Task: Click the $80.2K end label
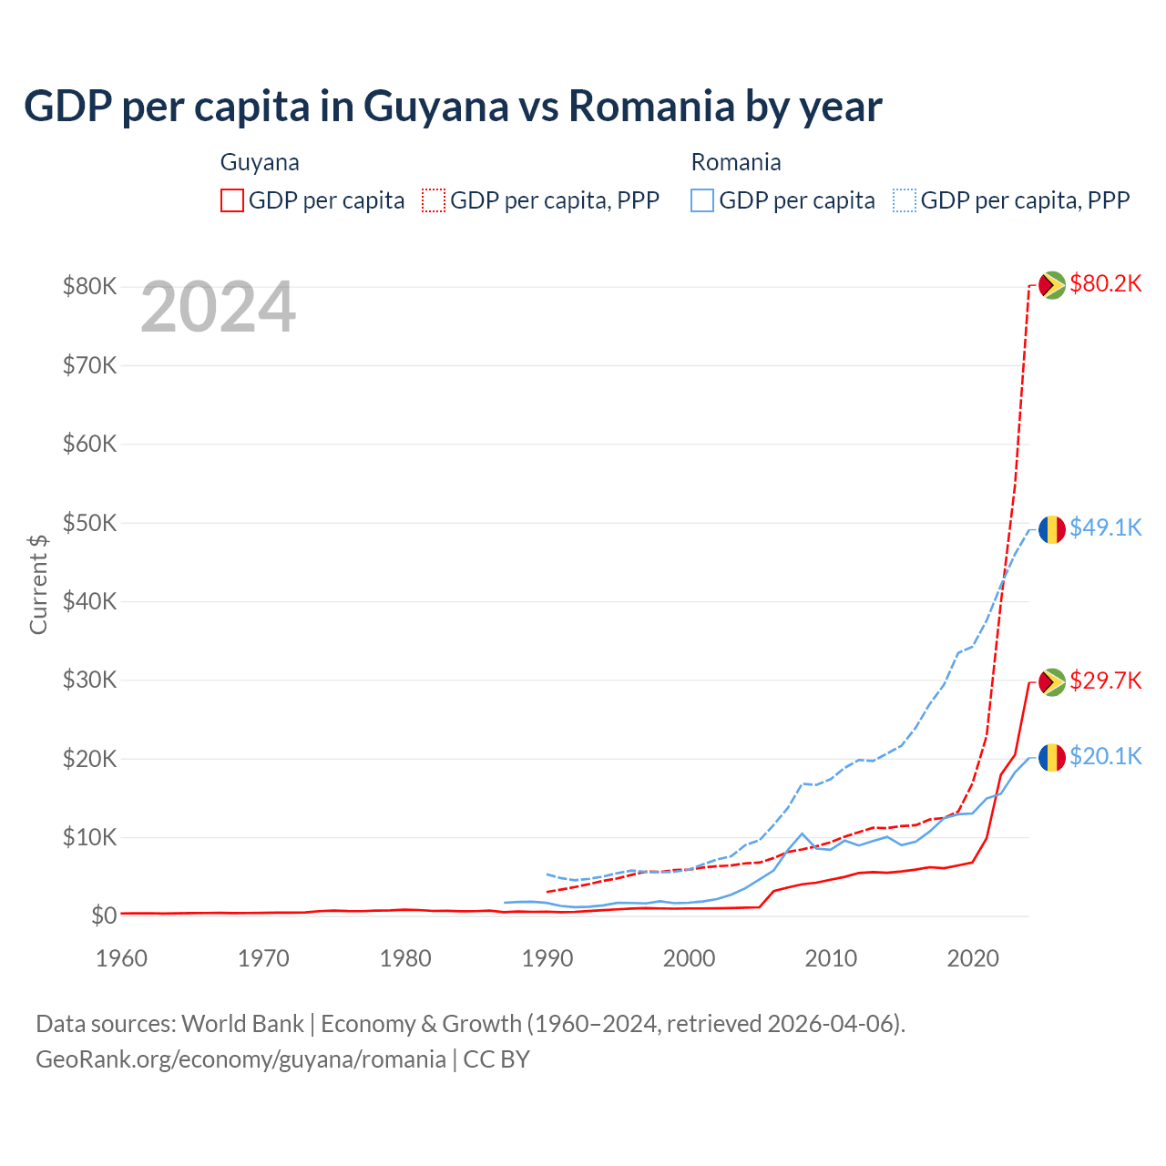1105,284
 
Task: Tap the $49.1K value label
1105,528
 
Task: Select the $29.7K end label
1105,681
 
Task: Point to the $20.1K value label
1105,757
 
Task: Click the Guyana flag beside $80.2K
1052,285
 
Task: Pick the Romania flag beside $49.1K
1052,529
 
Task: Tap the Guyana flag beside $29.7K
1052,682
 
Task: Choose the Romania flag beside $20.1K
1052,758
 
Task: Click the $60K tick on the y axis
89,445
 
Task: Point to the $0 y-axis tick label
104,916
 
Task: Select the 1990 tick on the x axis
547,959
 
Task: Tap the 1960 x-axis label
121,959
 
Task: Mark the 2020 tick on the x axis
973,959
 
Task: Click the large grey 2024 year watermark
218,308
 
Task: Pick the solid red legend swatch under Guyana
232,200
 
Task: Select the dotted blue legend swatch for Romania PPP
905,200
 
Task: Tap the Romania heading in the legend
736,162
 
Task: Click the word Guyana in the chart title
435,106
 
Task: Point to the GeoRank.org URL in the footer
240,1059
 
